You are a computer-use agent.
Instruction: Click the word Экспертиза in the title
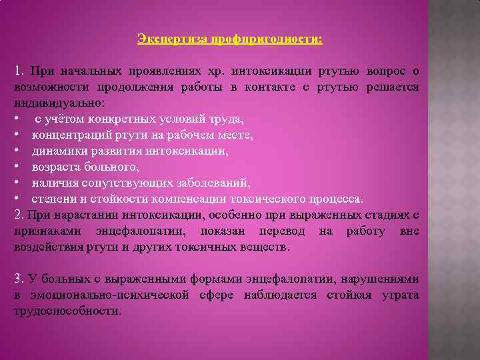tap(171, 39)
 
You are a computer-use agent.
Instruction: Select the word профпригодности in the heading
tap(265, 39)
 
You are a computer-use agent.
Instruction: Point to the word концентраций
tap(71, 135)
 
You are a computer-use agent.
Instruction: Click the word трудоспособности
tap(67, 311)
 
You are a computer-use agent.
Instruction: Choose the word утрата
tap(400, 295)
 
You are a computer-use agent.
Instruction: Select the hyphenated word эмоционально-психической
tap(99, 295)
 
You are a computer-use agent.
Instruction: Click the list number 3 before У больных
tap(17, 279)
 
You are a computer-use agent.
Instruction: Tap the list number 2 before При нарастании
tap(17, 215)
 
